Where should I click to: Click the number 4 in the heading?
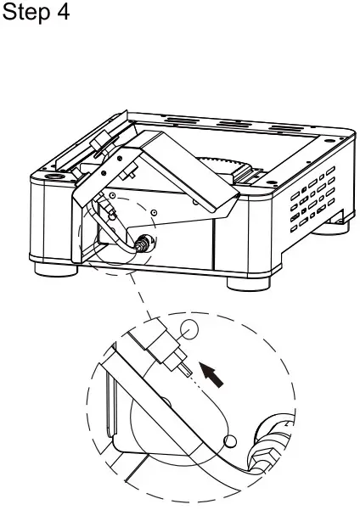coord(64,17)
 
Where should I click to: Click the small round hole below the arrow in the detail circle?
coord(229,441)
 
